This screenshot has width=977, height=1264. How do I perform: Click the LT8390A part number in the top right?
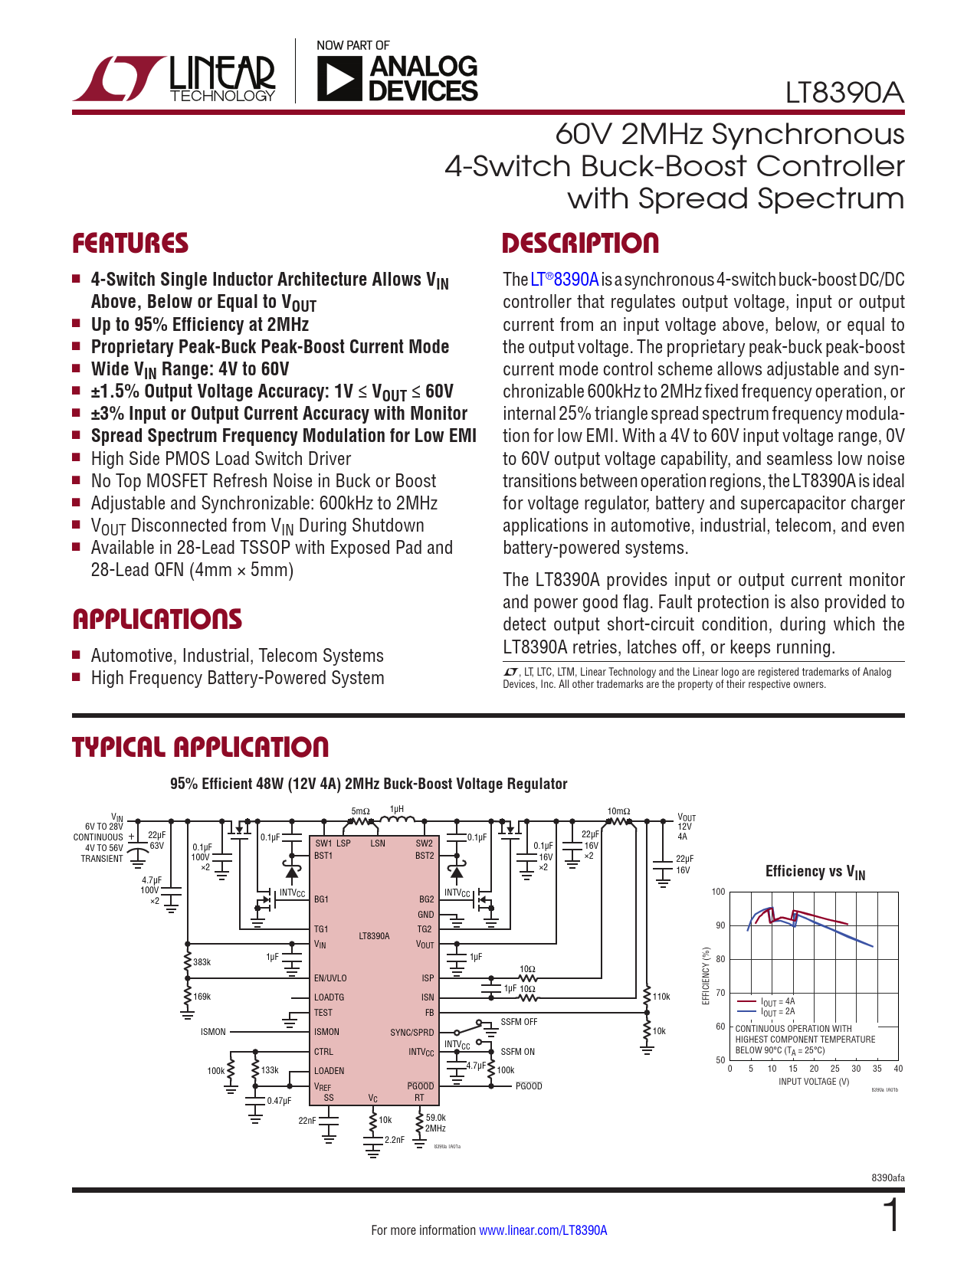844,93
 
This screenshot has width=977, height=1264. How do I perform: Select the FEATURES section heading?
130,244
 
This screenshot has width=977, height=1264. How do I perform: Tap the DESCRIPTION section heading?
580,244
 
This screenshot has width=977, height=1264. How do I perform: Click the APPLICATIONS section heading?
157,619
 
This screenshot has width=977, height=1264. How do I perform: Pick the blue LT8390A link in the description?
564,280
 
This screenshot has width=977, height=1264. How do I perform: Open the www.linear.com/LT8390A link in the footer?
543,1230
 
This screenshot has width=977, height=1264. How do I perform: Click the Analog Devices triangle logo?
339,79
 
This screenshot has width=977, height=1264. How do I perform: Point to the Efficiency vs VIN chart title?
815,872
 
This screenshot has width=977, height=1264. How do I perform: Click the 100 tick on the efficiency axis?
718,892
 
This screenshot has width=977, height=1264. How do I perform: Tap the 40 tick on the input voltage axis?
898,1069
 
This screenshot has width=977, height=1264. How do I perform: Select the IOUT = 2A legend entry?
778,1012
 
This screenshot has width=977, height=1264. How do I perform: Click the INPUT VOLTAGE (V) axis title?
814,1082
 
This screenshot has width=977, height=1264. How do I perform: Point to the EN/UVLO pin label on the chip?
330,978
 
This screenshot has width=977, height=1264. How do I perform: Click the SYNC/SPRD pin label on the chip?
411,1033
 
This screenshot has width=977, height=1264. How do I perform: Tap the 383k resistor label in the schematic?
202,962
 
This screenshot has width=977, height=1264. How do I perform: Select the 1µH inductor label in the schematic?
396,809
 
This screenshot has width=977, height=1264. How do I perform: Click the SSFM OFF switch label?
519,1022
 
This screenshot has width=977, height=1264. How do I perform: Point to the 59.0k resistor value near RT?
435,1118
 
